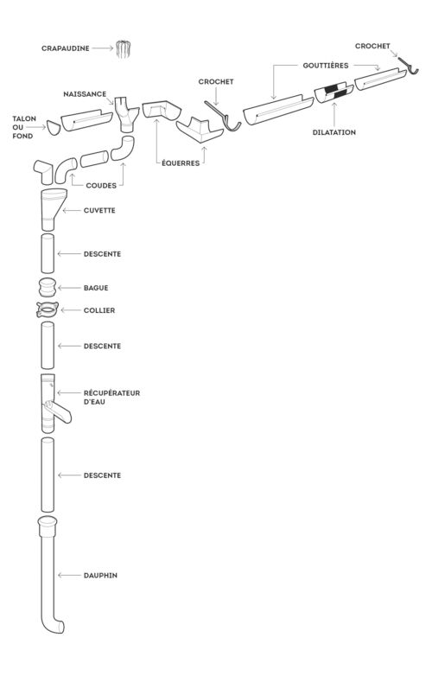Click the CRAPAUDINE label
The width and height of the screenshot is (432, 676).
[x=66, y=48]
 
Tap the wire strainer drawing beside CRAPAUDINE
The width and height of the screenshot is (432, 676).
[x=123, y=49]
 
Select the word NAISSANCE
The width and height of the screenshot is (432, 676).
[x=85, y=94]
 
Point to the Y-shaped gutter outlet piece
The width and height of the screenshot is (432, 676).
[x=127, y=114]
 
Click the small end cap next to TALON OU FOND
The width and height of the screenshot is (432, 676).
[x=54, y=128]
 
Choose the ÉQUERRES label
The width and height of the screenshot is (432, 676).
[x=181, y=163]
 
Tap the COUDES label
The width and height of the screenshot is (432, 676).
[x=101, y=185]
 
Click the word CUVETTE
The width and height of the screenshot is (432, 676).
[x=99, y=210]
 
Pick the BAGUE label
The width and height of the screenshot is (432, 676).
[x=96, y=288]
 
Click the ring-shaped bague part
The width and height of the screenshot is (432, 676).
[x=48, y=288]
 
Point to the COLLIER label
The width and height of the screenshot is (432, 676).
[x=99, y=310]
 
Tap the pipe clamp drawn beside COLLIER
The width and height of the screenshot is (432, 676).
[x=48, y=309]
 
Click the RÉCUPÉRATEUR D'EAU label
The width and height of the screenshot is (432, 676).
[x=111, y=398]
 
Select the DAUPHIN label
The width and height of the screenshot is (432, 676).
[x=100, y=576]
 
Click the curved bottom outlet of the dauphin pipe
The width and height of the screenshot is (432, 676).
[x=55, y=626]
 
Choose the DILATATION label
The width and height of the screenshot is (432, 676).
[x=334, y=132]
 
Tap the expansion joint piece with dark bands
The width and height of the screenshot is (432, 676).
[x=334, y=92]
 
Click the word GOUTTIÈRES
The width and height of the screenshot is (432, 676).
[x=326, y=66]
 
